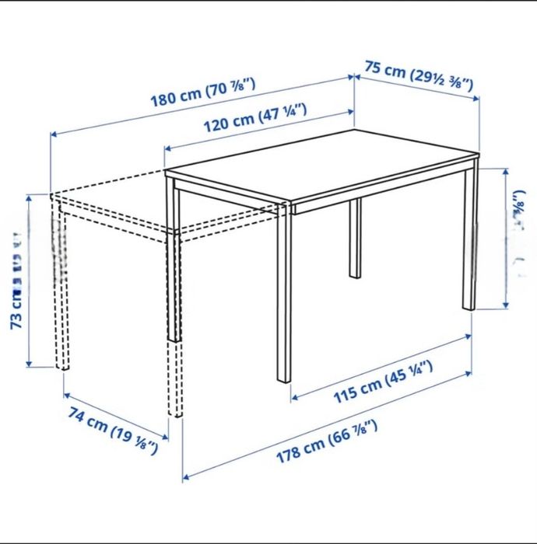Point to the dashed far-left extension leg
[59, 288]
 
